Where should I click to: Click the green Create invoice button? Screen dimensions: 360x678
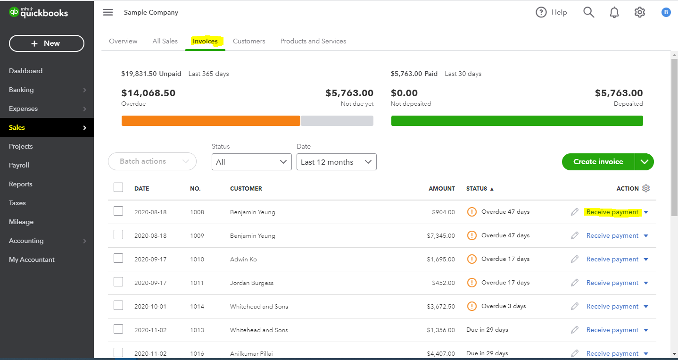point(598,162)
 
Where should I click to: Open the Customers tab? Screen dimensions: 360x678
point(249,41)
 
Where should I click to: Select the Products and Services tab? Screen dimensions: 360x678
point(313,41)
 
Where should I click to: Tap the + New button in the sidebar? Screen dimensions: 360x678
point(46,43)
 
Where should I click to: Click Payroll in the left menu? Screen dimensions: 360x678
point(19,165)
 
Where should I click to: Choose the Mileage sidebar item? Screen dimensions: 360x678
point(21,222)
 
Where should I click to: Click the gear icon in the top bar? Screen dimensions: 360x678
point(639,12)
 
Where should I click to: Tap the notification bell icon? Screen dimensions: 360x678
point(614,12)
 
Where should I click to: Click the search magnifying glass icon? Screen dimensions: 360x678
point(588,12)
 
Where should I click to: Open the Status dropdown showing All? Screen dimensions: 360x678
point(252,162)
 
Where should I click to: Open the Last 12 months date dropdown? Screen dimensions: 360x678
point(336,162)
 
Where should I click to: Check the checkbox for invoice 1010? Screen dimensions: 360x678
point(118,258)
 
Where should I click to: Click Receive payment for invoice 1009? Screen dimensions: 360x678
point(612,235)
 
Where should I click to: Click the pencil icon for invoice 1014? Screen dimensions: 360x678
point(574,306)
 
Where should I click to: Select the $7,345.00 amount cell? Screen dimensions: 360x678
point(441,235)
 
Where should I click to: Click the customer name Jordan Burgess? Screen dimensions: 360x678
point(252,283)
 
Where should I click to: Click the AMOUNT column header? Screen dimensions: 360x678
point(441,188)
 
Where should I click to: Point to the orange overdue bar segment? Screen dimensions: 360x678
point(211,121)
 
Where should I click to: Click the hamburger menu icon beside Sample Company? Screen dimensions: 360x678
point(108,12)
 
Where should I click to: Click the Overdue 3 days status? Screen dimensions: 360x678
point(503,306)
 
